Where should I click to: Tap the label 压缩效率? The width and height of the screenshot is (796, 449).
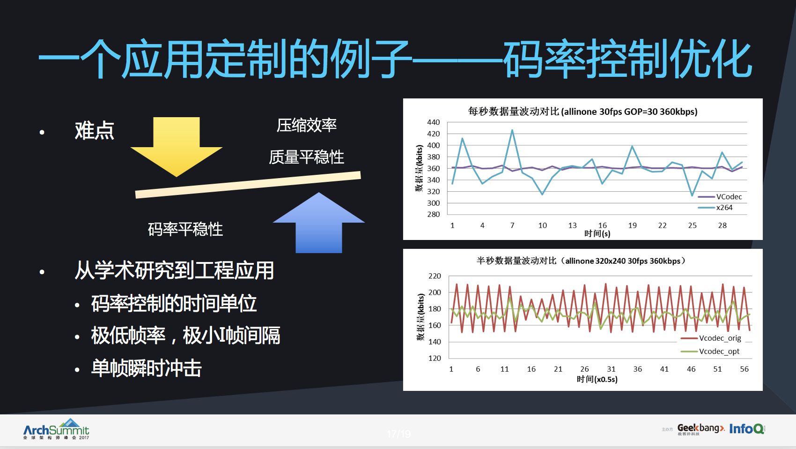(307, 126)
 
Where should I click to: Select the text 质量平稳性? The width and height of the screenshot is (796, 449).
(307, 157)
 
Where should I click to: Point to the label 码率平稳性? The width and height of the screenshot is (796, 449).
(185, 229)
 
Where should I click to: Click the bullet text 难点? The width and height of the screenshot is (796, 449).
(95, 131)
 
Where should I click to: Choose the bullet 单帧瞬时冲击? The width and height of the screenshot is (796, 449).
(147, 368)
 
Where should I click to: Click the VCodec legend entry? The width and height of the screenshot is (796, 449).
(729, 197)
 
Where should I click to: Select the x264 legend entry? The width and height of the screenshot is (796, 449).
(724, 208)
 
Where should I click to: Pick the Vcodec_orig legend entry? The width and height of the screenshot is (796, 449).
(720, 338)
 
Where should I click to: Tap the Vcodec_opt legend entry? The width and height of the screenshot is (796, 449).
(719, 351)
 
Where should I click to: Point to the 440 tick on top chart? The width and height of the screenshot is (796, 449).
(434, 122)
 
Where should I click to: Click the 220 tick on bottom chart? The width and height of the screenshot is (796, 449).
(435, 276)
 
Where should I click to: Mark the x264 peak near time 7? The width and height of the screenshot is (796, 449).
(512, 130)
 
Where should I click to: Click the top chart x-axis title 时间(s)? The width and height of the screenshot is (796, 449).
(597, 233)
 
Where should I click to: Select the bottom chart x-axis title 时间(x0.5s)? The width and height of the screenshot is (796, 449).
(597, 379)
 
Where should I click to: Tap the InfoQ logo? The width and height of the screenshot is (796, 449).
(746, 428)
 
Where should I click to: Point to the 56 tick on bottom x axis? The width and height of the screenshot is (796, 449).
(744, 369)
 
